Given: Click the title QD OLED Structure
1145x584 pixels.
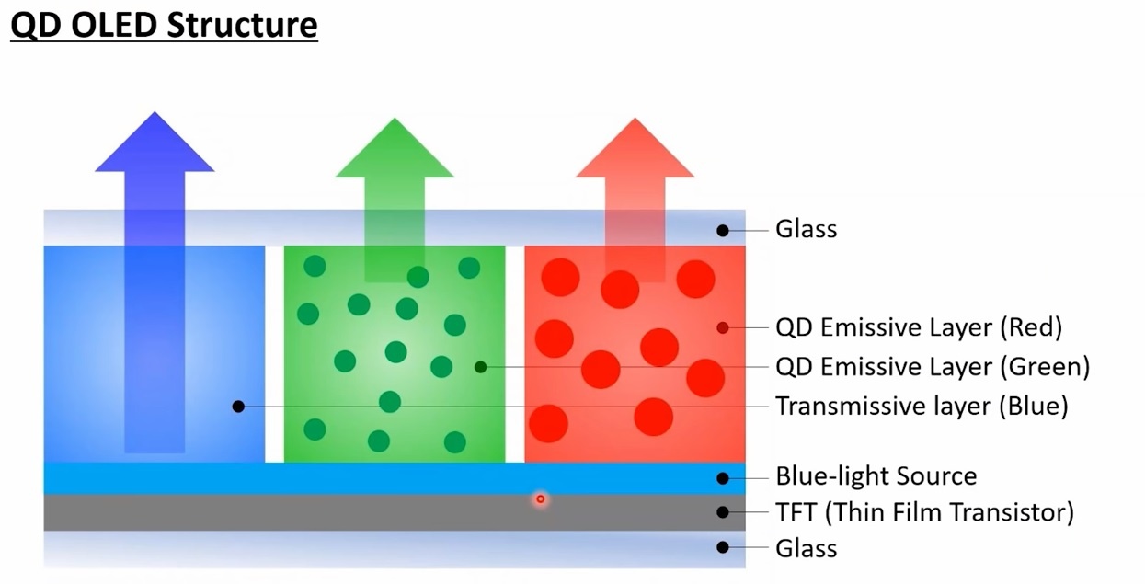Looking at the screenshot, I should [164, 25].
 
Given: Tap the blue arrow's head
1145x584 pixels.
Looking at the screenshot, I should [155, 147].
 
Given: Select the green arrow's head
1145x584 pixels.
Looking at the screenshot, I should [395, 153].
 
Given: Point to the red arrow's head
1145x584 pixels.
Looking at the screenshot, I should [635, 153].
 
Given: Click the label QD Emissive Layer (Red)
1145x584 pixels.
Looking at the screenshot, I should [919, 327].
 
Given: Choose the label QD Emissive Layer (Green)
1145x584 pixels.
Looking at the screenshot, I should [933, 367].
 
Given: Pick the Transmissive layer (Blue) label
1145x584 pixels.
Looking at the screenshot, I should [922, 406].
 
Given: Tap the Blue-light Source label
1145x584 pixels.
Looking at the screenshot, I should [876, 476].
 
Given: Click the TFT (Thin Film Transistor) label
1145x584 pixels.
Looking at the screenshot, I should [924, 512].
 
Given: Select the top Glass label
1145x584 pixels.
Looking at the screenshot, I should [806, 229].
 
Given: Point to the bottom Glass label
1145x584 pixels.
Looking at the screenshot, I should [806, 548].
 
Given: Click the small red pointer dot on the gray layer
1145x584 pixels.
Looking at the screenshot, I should [541, 499].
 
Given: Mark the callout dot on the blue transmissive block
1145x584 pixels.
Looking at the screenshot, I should [238, 406].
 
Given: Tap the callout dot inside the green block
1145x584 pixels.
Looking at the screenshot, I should [480, 367].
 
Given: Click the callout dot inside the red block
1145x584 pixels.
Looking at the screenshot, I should [723, 327].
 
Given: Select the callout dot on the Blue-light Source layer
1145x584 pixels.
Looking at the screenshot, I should [723, 477].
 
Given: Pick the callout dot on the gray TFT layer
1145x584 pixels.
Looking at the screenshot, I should [723, 512].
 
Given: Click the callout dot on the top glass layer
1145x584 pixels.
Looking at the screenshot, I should [723, 230].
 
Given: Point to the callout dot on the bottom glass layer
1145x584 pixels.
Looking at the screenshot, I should [723, 547].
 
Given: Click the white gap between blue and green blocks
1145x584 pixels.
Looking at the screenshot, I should [274, 354].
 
